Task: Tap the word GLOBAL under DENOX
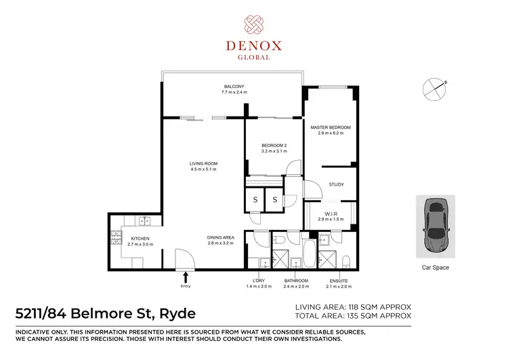[253, 58]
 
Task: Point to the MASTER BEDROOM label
[331, 127]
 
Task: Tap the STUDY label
[337, 184]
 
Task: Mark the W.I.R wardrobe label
[331, 214]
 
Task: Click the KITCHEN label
[140, 239]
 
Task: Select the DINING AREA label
[221, 237]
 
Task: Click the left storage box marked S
[255, 199]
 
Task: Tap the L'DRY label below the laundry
[257, 281]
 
